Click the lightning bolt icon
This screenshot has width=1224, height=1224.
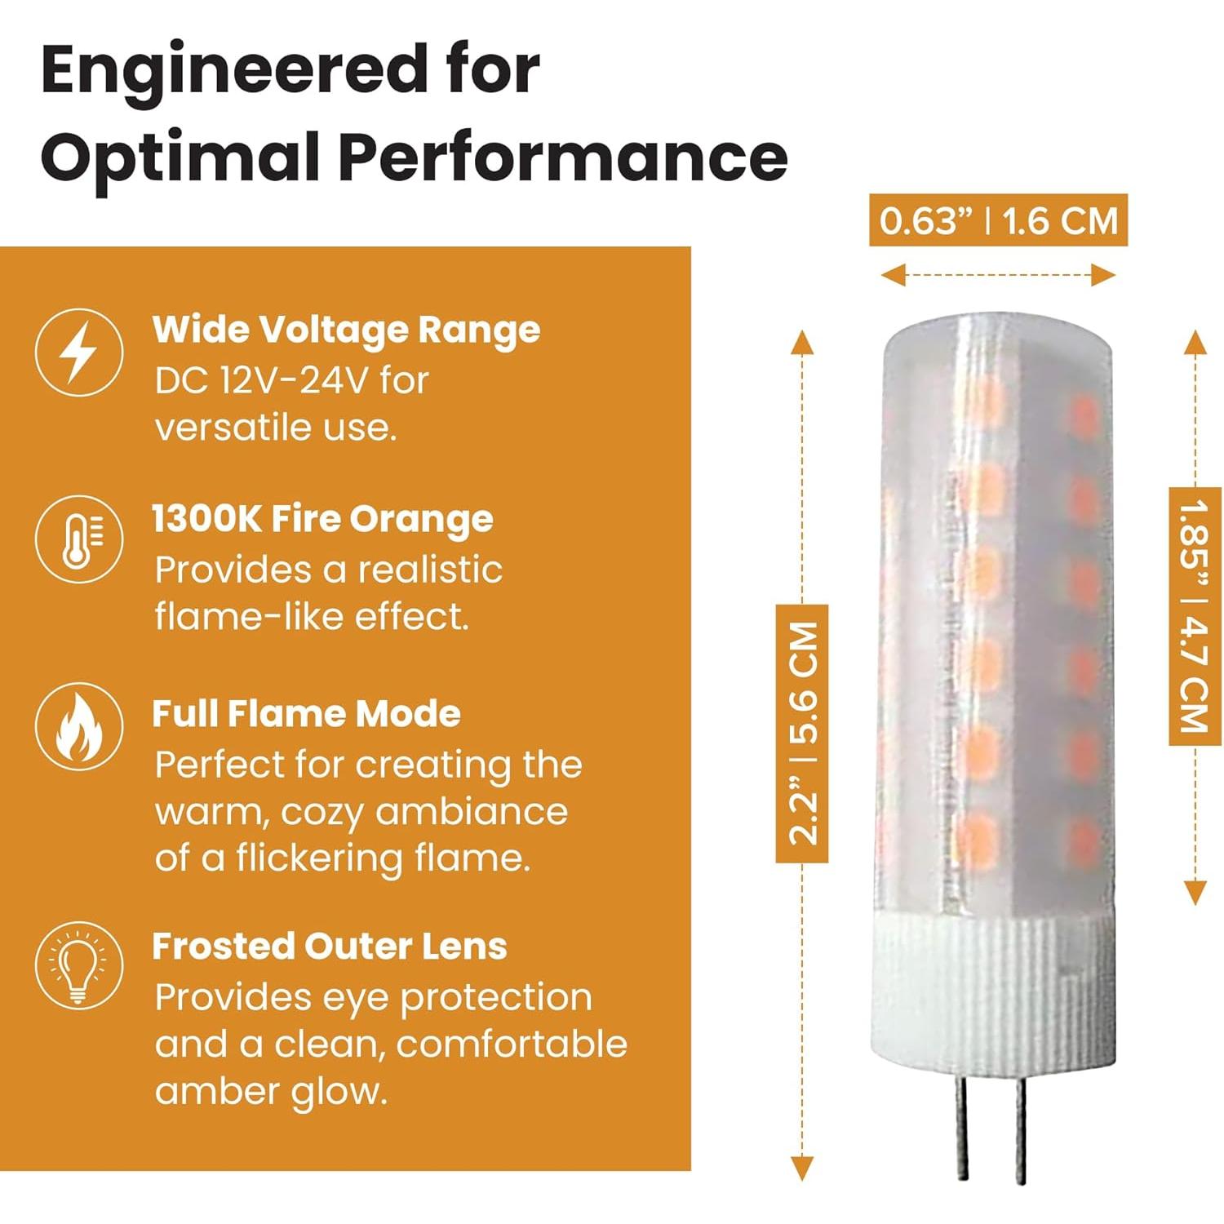click(x=79, y=353)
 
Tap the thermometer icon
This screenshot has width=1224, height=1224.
click(x=79, y=539)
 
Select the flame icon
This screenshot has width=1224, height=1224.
click(x=79, y=727)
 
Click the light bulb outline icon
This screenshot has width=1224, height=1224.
click(x=79, y=965)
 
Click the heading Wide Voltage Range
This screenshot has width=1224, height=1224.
click(x=346, y=330)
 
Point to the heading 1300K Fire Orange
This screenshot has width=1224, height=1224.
click(x=323, y=519)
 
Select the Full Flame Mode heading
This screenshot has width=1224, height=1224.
click(x=307, y=714)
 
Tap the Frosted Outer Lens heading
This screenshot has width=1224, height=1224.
click(x=330, y=947)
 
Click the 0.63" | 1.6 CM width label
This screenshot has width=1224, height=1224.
click(x=998, y=220)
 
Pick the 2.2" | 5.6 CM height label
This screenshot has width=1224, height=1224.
click(x=802, y=734)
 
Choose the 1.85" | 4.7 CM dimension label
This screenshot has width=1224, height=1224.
click(x=1195, y=616)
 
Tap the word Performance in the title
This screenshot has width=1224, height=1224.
click(x=563, y=158)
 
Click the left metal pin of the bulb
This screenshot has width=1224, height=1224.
click(x=964, y=1134)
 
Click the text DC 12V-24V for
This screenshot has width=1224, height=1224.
click(x=291, y=381)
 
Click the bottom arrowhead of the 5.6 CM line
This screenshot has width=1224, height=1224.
click(x=802, y=1169)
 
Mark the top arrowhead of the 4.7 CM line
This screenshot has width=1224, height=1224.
click(x=1195, y=343)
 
